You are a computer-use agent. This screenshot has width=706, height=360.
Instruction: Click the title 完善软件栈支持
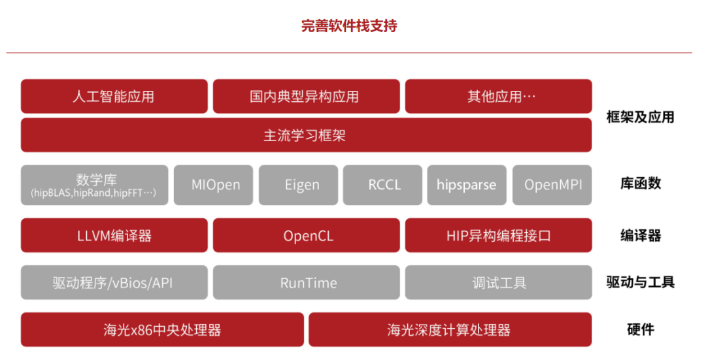click(349, 26)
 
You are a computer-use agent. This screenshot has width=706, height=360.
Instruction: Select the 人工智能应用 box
click(114, 96)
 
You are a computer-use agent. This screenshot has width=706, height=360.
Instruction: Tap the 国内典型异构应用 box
click(306, 96)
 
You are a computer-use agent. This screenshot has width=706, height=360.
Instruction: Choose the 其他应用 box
click(498, 96)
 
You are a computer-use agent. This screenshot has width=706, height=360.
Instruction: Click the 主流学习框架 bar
click(306, 135)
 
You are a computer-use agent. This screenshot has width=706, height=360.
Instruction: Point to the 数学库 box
click(95, 185)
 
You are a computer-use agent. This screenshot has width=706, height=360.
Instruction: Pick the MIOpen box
click(213, 185)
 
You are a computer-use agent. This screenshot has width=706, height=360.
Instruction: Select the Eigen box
click(298, 185)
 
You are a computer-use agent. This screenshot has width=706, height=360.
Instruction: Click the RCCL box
click(382, 185)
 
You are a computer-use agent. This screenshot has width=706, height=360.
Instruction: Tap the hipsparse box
click(467, 185)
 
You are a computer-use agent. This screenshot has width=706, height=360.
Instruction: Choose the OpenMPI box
click(552, 185)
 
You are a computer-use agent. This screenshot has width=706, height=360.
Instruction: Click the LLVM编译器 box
click(114, 235)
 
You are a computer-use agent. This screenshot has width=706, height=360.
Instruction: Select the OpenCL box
click(306, 235)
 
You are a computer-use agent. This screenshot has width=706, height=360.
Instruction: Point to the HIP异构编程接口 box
click(498, 235)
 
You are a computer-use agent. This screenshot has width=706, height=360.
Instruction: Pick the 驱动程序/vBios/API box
click(114, 283)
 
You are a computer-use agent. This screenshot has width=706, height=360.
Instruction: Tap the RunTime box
click(306, 283)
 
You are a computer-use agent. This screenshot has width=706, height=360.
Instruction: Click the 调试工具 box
click(498, 283)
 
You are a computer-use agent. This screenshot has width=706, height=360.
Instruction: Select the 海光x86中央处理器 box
click(162, 329)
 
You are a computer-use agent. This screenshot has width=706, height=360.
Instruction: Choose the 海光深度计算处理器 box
click(450, 329)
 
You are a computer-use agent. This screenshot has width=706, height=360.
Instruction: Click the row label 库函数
click(640, 183)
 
